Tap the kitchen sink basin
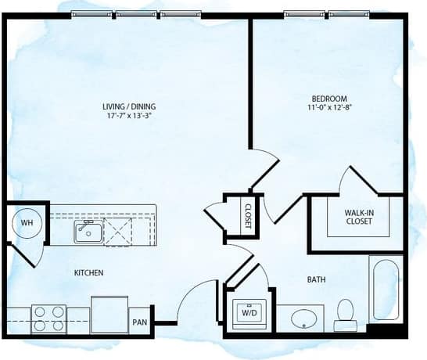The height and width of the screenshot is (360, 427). [x=88, y=231]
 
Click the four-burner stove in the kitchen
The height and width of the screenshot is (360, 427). [x=48, y=319]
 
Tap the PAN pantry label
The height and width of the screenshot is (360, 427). [x=140, y=321]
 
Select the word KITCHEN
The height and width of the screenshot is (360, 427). [x=89, y=272]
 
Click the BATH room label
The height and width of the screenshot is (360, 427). [x=317, y=278]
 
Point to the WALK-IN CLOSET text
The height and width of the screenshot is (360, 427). [x=359, y=216]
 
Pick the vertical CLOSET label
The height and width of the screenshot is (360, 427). [x=247, y=213]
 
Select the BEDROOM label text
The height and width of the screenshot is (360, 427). [x=329, y=99]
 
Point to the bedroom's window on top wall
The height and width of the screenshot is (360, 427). [x=328, y=14]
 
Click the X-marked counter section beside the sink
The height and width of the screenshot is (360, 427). [x=121, y=232]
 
